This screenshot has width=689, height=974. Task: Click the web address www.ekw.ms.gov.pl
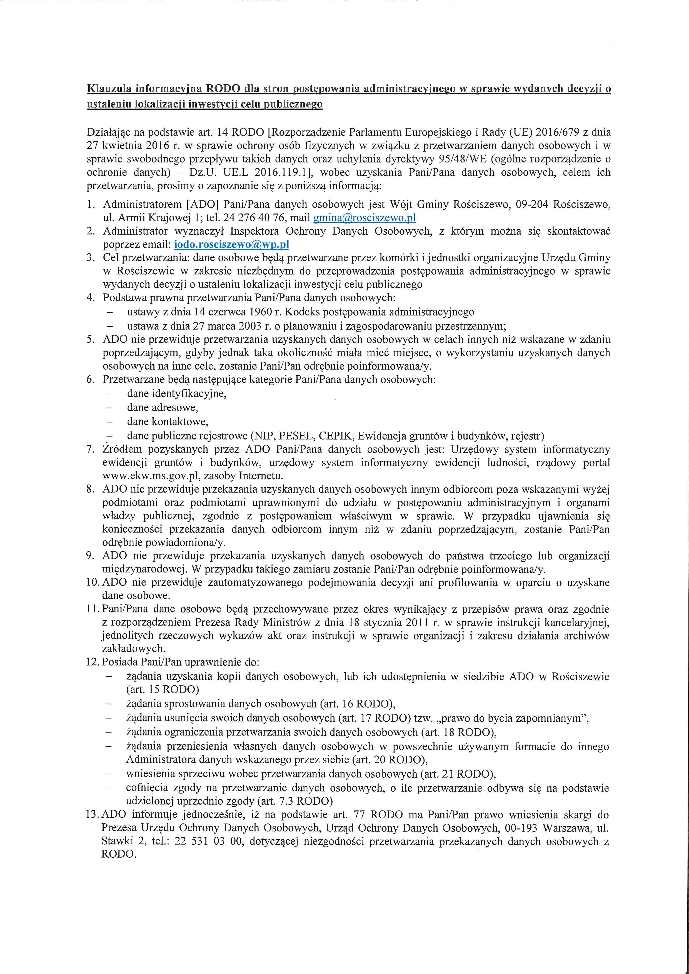tap(144, 476)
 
